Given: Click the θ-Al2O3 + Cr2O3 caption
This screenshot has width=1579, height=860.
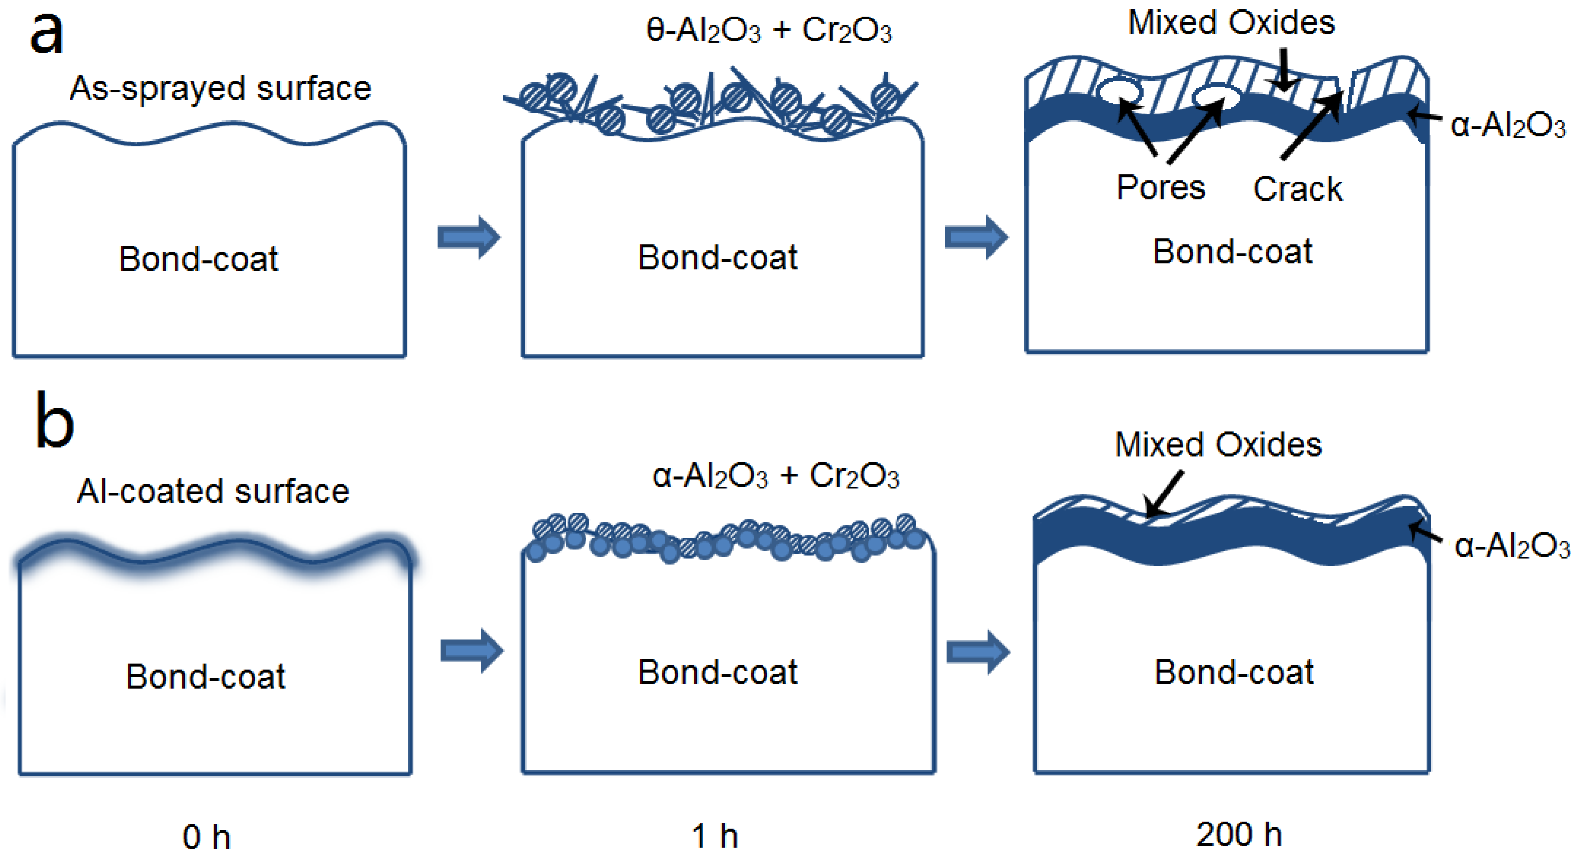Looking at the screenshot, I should click(769, 31).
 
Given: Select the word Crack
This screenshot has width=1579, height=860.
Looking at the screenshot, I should click(1297, 189).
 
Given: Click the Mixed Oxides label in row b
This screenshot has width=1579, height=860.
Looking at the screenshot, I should click(1218, 445).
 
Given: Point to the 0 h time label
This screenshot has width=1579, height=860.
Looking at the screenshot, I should click(206, 837).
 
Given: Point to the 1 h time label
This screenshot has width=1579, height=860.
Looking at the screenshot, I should click(715, 836).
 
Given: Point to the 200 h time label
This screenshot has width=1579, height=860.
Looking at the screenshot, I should click(1239, 835).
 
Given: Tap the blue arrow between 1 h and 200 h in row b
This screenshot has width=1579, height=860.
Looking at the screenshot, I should click(977, 651).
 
